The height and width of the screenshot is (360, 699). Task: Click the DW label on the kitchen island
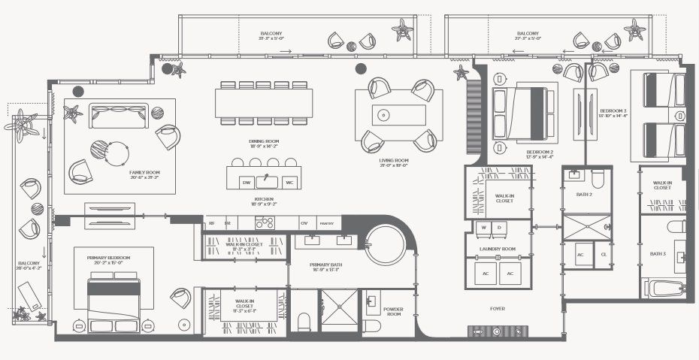click(246, 183)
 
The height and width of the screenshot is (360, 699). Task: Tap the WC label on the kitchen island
click(289, 183)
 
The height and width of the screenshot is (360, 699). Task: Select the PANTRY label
click(326, 223)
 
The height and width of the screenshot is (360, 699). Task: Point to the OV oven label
click(304, 223)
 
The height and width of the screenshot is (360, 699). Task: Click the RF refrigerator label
click(212, 223)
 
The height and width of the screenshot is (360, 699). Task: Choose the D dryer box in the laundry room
click(501, 227)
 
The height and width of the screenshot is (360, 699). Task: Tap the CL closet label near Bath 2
click(604, 254)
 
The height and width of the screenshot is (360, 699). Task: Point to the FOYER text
click(498, 307)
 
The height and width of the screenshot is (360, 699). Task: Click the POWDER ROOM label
click(393, 312)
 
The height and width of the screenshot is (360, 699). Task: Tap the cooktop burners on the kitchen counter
click(265, 222)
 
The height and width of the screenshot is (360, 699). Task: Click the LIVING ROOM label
click(394, 160)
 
